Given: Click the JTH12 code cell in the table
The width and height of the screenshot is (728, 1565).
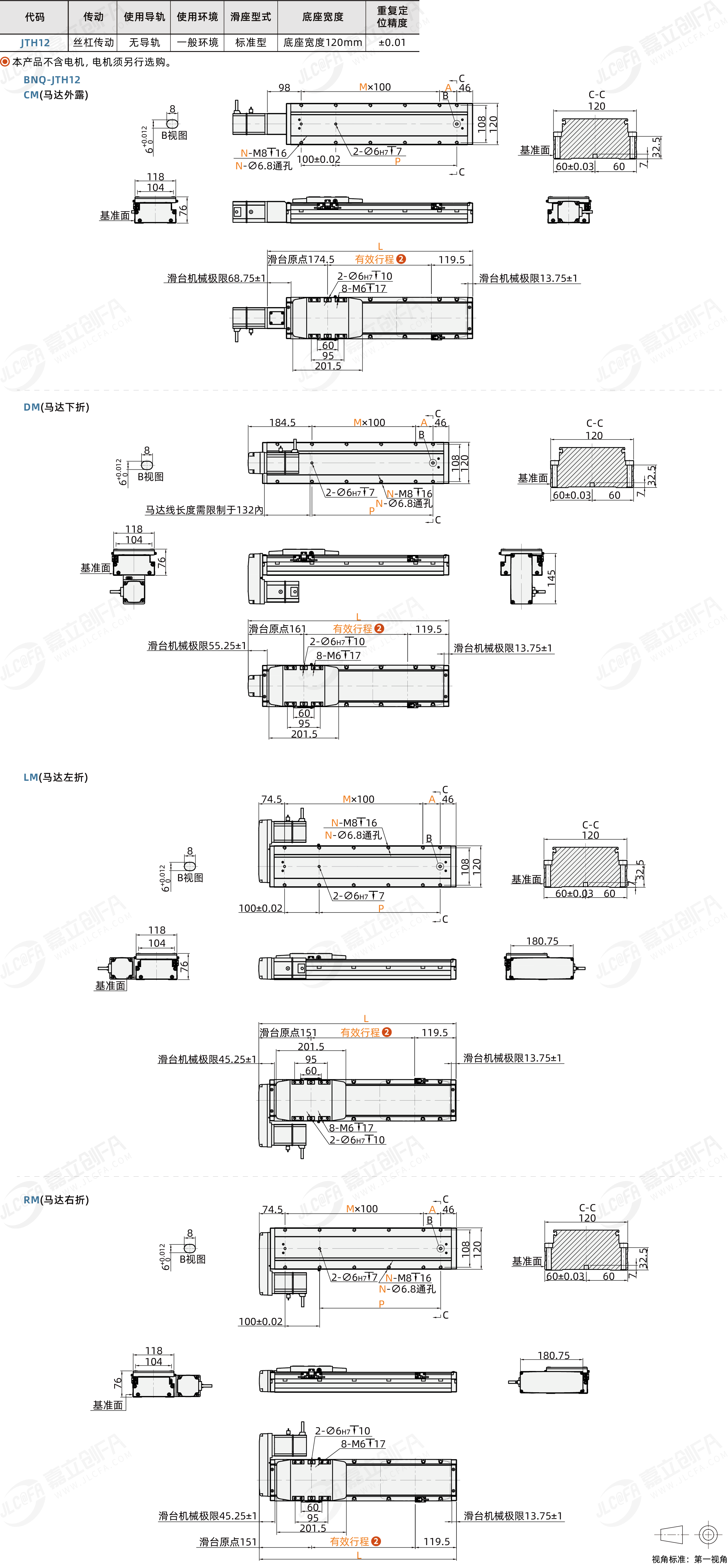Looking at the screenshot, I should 35,43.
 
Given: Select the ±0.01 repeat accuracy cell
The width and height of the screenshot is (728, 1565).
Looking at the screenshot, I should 392,43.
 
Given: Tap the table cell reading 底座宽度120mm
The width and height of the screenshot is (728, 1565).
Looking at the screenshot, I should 323,43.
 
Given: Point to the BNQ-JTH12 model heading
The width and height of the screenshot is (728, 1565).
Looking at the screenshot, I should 52,80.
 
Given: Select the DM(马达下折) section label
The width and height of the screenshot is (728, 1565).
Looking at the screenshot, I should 56,407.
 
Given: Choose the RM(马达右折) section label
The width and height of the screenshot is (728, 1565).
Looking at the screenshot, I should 56,1200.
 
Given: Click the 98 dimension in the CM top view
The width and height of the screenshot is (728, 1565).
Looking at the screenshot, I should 284,87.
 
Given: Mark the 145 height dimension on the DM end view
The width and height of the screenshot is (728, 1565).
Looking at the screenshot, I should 551,577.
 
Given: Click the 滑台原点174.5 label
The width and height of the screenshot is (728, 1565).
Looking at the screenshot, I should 301,259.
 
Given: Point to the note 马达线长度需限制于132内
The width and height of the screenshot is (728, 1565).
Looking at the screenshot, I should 204,510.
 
